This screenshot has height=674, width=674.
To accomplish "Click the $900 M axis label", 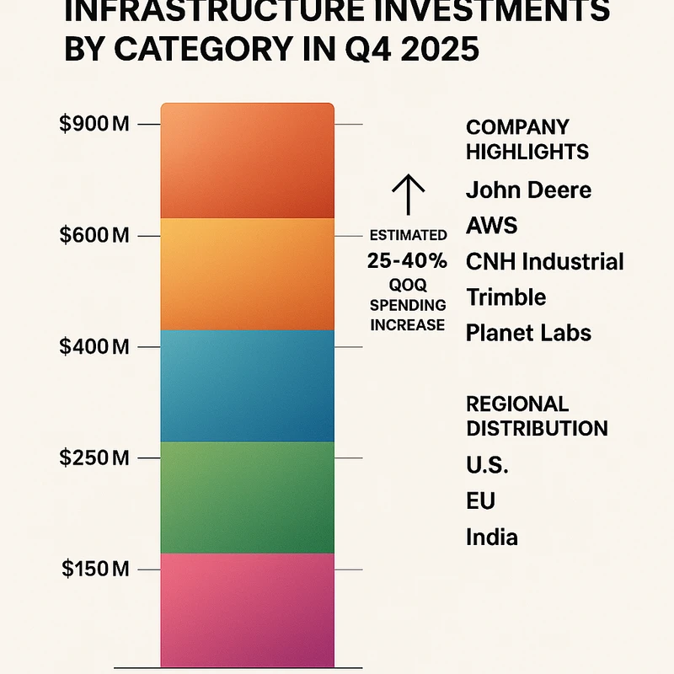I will [x=94, y=125].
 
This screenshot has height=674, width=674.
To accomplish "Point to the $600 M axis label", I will [x=94, y=236].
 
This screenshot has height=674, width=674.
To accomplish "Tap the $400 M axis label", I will [x=94, y=347].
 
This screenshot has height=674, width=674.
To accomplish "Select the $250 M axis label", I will [x=94, y=458].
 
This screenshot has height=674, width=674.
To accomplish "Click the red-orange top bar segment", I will [x=247, y=160].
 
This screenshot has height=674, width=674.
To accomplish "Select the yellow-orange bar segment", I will [x=247, y=274].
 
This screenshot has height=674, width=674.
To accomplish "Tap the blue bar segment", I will [x=247, y=385].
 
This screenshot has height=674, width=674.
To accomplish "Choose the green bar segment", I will [x=247, y=497].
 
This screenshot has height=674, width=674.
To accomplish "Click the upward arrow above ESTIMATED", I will [x=408, y=195].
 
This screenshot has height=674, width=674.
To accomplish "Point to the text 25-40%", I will [x=406, y=261].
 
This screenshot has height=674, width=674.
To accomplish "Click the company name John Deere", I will [x=528, y=190].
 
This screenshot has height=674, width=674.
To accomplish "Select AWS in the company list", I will [x=491, y=226].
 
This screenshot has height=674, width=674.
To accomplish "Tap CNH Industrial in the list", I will [x=544, y=261].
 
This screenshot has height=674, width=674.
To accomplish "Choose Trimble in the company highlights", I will [x=505, y=297].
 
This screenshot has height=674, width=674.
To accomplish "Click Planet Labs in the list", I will [x=528, y=333].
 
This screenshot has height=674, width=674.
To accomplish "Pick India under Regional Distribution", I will [x=491, y=537].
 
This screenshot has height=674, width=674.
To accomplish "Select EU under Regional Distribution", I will [x=480, y=501].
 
